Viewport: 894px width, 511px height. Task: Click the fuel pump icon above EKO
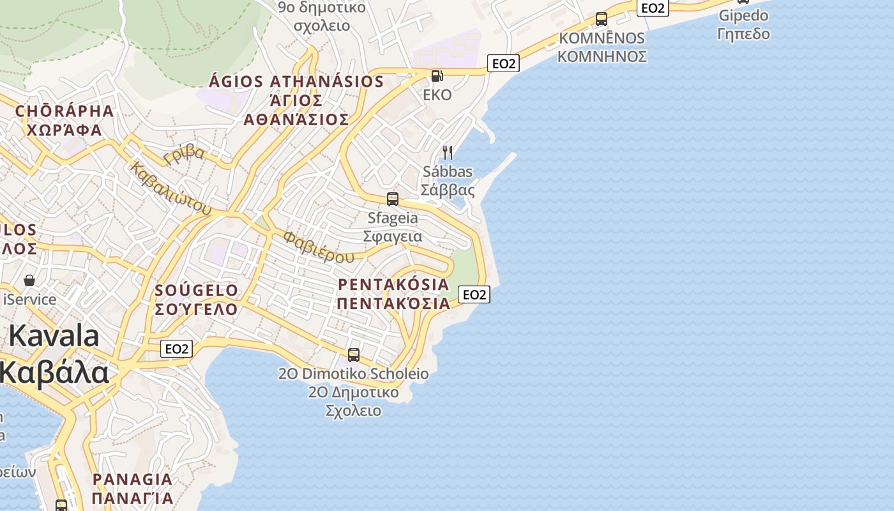click(x=437, y=76)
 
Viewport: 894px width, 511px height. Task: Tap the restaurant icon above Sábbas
click(x=448, y=152)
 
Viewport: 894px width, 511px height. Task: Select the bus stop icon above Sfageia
click(x=393, y=199)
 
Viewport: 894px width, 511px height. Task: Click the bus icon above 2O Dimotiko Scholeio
click(x=354, y=355)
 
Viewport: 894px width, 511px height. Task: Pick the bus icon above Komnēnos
click(x=601, y=19)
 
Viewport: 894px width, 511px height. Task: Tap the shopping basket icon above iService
click(x=29, y=280)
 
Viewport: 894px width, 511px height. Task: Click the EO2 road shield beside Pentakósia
click(x=474, y=294)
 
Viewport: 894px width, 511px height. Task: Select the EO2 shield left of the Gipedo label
click(x=653, y=8)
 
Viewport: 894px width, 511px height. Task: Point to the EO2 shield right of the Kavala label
click(x=176, y=349)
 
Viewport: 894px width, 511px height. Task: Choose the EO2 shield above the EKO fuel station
click(x=503, y=63)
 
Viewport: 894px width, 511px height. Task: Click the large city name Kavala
click(x=54, y=336)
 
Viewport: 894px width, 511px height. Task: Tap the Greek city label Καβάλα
click(x=55, y=373)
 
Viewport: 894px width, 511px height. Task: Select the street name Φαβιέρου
click(x=318, y=248)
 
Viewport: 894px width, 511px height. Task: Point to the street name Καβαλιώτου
click(x=170, y=188)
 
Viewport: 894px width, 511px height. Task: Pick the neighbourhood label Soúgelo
click(x=197, y=291)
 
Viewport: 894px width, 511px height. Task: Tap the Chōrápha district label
click(x=64, y=111)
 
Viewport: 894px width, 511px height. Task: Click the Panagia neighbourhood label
click(x=132, y=479)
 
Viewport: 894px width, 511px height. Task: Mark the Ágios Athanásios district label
click(x=296, y=82)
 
